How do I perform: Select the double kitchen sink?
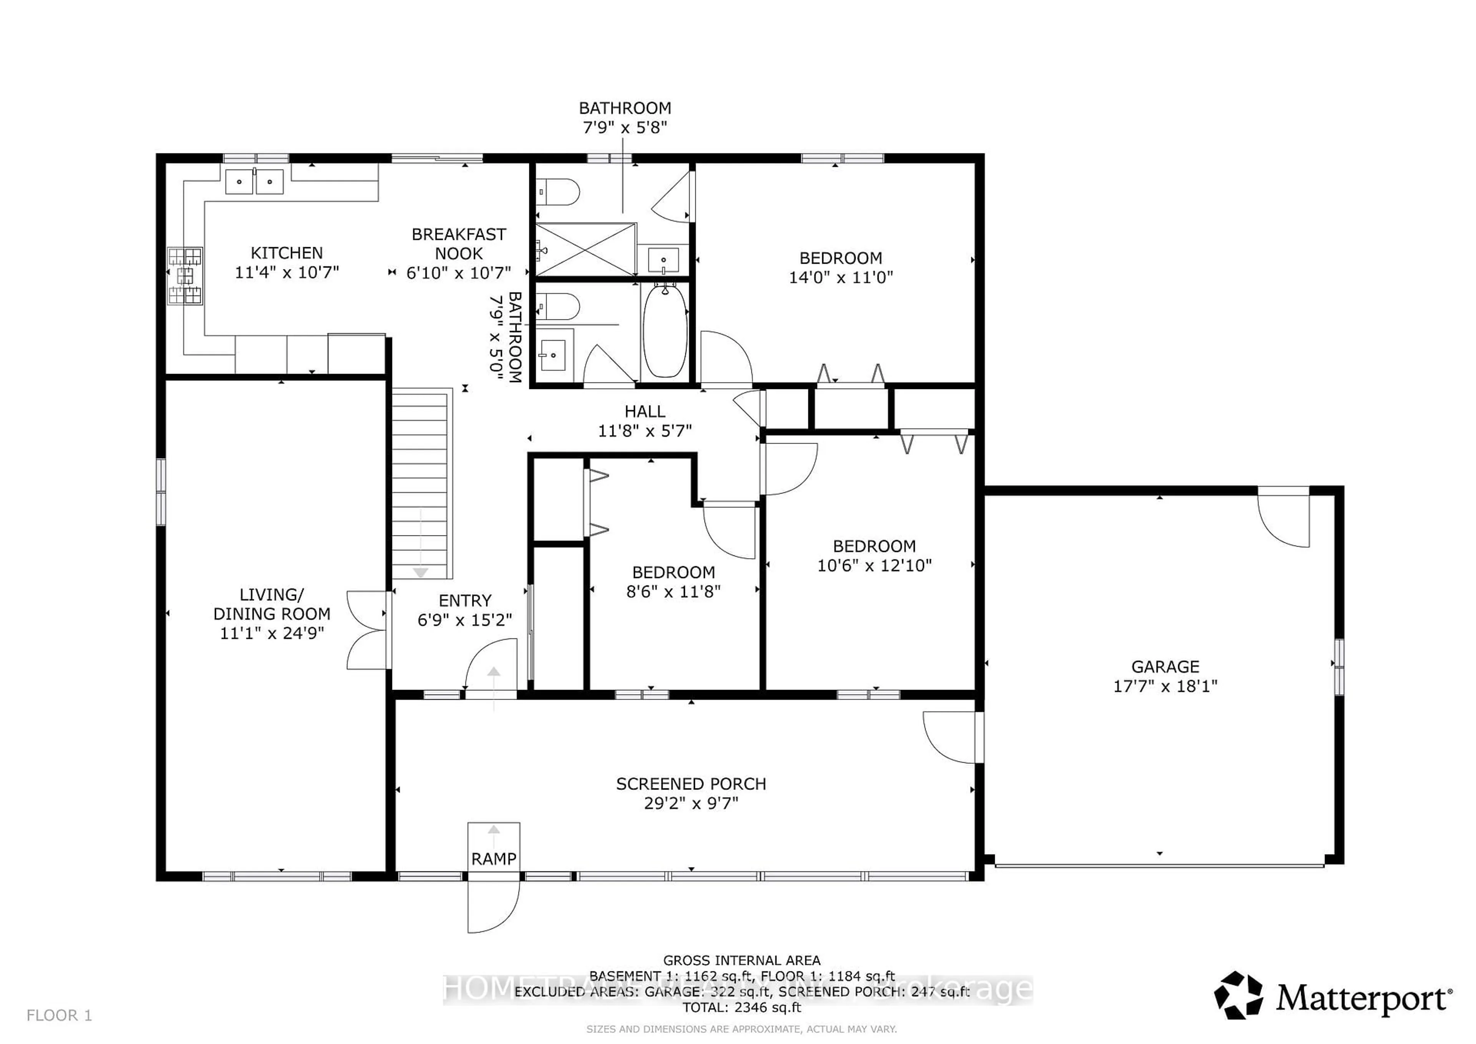254,181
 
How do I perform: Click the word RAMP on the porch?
493,859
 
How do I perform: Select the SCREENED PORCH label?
691,784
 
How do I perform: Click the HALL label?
645,411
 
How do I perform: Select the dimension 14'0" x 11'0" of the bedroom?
841,277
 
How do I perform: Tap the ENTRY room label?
465,600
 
